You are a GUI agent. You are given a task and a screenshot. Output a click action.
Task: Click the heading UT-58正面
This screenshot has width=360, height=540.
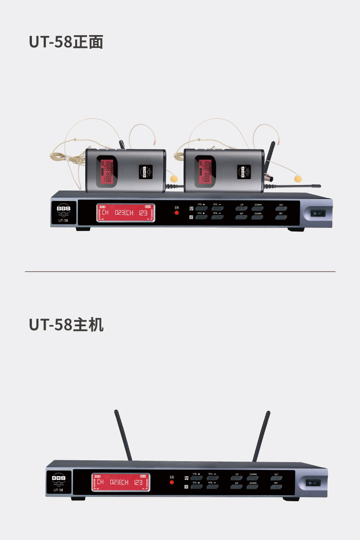[66, 42]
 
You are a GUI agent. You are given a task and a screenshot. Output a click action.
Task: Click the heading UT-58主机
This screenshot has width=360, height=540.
[66, 325]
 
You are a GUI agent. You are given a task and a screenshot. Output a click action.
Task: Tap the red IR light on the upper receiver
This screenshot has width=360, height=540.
[176, 213]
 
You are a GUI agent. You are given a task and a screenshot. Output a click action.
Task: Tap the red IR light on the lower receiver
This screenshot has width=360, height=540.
[172, 482]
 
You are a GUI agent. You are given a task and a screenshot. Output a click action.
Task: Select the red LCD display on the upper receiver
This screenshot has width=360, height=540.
[125, 212]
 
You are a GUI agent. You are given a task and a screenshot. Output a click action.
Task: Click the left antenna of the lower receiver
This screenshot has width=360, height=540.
[123, 435]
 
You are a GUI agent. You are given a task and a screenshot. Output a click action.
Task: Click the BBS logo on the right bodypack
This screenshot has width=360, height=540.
[243, 173]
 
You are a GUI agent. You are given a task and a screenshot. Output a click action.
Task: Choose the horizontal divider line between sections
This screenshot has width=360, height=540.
[180, 272]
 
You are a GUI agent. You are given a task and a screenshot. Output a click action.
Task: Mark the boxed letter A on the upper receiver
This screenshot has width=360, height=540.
[191, 209]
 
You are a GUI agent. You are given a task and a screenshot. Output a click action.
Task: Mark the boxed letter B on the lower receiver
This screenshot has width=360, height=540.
[186, 487]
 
